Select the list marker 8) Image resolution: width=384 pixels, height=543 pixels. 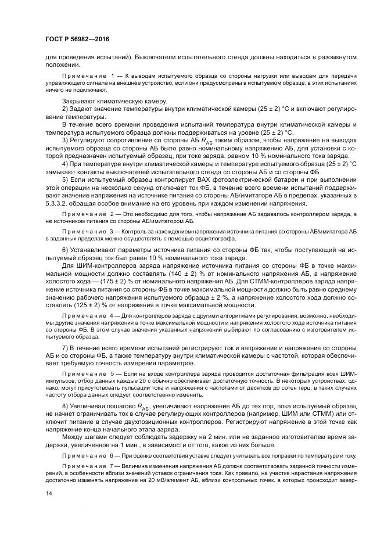65,404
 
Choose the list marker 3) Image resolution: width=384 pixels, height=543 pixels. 65,140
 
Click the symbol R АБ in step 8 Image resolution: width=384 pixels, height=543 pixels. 143,405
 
